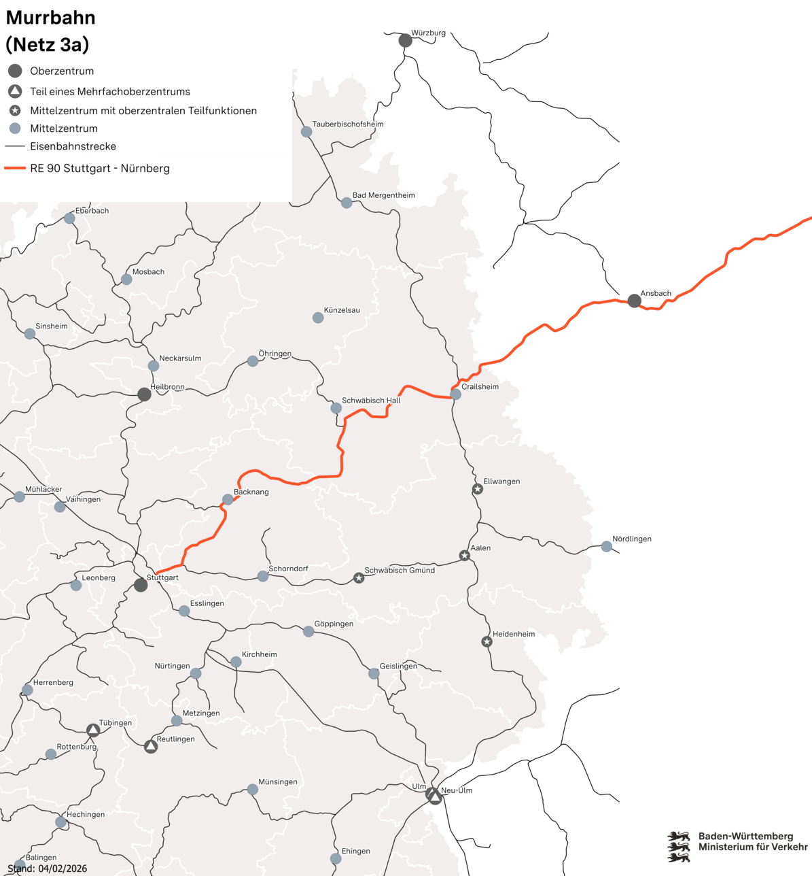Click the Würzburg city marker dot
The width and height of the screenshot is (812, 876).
tap(405, 41)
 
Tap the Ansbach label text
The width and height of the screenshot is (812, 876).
tap(656, 293)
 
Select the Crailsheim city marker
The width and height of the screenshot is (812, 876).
tap(456, 394)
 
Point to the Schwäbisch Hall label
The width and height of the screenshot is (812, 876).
tap(371, 401)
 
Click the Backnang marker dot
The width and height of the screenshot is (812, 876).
tap(228, 499)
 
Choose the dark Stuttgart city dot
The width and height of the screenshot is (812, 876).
tap(141, 585)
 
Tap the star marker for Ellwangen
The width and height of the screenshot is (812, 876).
tap(478, 489)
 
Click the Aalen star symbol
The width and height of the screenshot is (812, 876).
tap(465, 556)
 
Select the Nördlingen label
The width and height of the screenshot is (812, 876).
tap(632, 539)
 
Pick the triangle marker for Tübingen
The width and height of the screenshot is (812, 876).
tap(93, 730)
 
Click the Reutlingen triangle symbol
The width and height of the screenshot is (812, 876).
tap(151, 747)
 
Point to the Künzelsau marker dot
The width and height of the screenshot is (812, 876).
tap(318, 318)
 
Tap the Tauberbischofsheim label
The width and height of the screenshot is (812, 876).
tap(348, 124)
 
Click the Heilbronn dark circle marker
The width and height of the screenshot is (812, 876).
tap(144, 394)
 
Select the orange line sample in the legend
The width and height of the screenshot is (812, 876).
tap(15, 168)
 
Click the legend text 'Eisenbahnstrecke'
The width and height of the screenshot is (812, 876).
tap(73, 146)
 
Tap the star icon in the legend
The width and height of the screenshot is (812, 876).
tap(15, 110)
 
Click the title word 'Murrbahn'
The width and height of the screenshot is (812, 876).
tap(51, 18)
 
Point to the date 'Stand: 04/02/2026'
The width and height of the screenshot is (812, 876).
tap(48, 869)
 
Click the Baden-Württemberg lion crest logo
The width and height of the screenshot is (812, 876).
tap(678, 846)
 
